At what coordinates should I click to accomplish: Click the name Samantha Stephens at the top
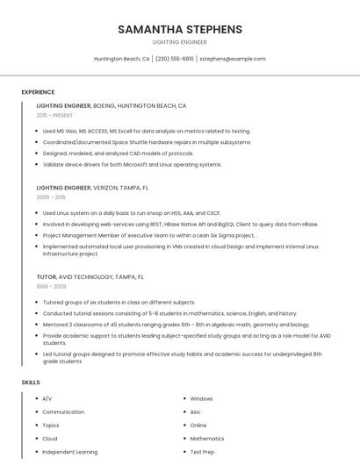tap(180, 29)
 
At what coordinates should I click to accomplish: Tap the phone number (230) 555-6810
tap(175, 59)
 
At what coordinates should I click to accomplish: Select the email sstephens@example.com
tap(233, 59)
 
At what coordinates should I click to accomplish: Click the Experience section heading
tap(38, 92)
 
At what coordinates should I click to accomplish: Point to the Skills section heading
tap(31, 383)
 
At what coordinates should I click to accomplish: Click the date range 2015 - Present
tap(54, 115)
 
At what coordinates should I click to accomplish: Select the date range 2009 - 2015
tap(51, 197)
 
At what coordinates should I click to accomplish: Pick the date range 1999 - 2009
tap(51, 286)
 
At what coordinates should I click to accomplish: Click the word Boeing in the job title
tap(104, 105)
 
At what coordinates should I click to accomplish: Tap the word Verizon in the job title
tap(106, 188)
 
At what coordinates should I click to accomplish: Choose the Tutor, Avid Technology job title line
tap(90, 276)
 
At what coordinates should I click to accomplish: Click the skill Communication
tap(63, 411)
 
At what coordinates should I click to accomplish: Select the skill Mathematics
tap(207, 438)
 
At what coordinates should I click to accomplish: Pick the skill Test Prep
tap(202, 452)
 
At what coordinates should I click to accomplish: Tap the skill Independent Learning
tap(70, 452)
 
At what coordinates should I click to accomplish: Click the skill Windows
tap(201, 398)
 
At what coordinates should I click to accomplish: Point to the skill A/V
tap(47, 398)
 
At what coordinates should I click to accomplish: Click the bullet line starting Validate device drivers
tap(132, 164)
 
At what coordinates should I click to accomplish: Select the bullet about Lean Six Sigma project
tap(149, 235)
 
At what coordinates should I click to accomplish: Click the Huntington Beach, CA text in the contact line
tap(122, 59)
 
